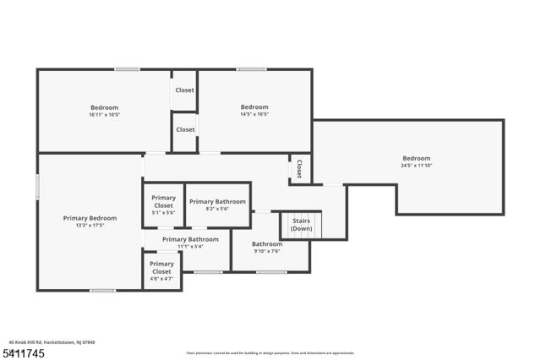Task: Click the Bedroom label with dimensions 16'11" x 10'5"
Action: [105, 111]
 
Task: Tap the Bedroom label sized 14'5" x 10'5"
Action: [254, 111]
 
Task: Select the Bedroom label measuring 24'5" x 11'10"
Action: [416, 162]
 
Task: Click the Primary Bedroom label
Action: [90, 222]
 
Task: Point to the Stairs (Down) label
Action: [301, 225]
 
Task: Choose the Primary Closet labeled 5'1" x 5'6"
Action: [163, 205]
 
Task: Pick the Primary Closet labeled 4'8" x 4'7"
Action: [161, 271]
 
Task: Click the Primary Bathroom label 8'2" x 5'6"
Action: [217, 205]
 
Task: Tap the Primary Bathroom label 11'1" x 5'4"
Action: [190, 243]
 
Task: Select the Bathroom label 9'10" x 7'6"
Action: [267, 248]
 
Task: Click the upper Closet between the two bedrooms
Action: [184, 90]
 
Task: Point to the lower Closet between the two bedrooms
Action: [185, 129]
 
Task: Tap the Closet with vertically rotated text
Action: [299, 168]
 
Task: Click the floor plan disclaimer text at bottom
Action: [270, 352]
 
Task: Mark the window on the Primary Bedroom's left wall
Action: [37, 187]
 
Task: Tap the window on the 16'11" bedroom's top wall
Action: [128, 69]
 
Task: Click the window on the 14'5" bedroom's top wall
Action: [251, 69]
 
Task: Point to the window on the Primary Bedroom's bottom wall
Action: [102, 291]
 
